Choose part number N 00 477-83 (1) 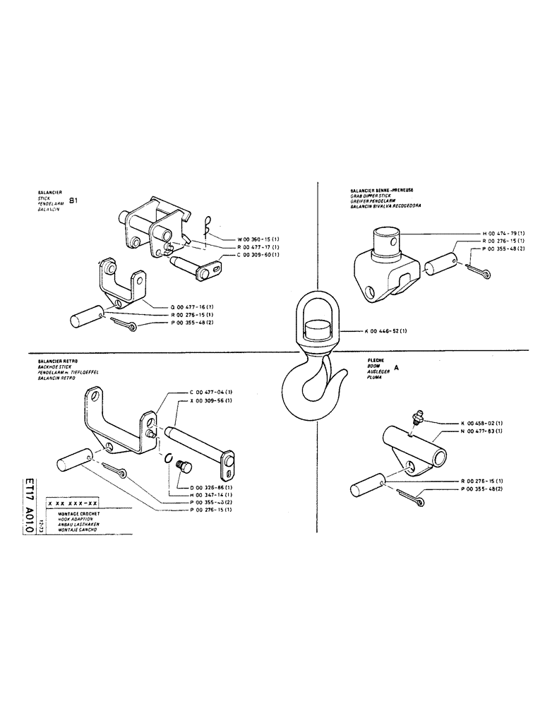tap(483, 430)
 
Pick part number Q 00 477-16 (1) tap(195, 307)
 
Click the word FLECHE tap(375, 361)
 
